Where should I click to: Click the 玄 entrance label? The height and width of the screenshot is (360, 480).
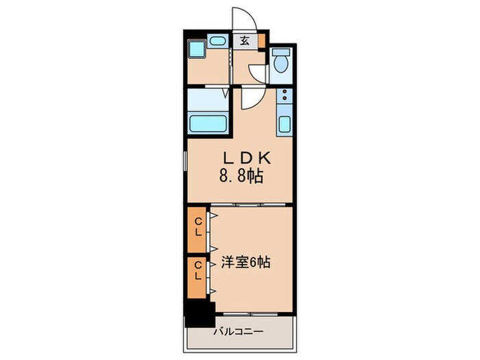click(x=244, y=40)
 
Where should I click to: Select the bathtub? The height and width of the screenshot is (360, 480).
click(x=208, y=124)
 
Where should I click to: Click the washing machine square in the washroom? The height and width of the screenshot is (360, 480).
click(x=197, y=50)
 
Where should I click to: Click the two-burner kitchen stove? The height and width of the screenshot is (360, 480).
click(x=285, y=97)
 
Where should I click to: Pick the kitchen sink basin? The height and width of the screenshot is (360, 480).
click(x=285, y=125)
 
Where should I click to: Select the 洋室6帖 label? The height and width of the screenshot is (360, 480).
click(x=245, y=261)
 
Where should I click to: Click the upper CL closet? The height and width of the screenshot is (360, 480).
click(x=197, y=227)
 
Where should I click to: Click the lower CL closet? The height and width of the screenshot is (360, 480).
click(x=197, y=271)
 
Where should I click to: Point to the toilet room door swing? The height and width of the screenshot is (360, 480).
click(x=258, y=72)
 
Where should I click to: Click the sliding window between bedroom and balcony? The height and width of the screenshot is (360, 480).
click(x=251, y=314)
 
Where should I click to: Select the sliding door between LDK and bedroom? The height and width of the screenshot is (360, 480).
click(x=250, y=204)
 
